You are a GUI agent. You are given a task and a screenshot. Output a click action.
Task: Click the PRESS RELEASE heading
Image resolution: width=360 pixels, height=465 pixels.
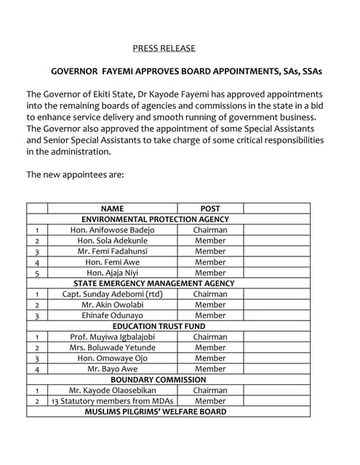pos(164,49)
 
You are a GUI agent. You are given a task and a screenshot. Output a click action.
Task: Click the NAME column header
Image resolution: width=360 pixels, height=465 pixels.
pos(112,209)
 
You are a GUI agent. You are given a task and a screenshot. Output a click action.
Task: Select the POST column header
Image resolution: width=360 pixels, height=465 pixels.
pos(210,209)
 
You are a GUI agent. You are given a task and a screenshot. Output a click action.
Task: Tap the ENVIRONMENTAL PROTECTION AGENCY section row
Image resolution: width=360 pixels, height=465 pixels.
pos(155,219)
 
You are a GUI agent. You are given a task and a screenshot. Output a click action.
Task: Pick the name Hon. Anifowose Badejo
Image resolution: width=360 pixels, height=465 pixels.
pos(112,230)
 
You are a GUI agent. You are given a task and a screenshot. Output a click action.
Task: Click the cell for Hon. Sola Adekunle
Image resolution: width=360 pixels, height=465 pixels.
pos(112,240)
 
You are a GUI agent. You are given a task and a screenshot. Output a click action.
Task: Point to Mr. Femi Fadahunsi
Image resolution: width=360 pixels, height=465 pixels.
pos(112,251)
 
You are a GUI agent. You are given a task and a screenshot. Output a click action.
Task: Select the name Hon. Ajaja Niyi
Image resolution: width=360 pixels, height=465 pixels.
pos(112,272)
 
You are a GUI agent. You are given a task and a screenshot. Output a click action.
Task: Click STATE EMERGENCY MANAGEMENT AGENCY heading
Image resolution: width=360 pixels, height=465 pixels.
pos(154,283)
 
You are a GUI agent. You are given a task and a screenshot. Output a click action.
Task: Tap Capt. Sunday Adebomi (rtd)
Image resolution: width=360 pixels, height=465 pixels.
pos(112,294)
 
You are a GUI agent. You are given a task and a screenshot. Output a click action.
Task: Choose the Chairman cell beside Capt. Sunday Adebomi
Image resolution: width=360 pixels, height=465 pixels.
pos(210,294)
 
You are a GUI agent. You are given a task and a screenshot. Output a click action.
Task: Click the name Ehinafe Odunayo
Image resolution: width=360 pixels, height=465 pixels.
pos(112,315)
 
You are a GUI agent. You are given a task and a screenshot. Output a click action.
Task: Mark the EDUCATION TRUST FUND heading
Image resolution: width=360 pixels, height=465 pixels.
pos(154,326)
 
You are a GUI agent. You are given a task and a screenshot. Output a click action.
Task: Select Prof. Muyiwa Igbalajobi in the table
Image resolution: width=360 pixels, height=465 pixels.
pos(112,337)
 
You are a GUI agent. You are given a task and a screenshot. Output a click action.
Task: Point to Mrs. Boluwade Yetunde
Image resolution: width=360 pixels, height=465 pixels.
pos(112,347)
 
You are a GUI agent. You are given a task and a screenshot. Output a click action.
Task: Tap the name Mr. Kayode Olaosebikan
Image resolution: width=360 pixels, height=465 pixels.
pos(112,390)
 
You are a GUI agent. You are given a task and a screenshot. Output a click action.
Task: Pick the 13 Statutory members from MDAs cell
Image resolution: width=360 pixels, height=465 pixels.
pos(112,401)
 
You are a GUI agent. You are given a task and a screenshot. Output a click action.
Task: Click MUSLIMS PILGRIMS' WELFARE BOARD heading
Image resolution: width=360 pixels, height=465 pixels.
pos(155,411)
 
